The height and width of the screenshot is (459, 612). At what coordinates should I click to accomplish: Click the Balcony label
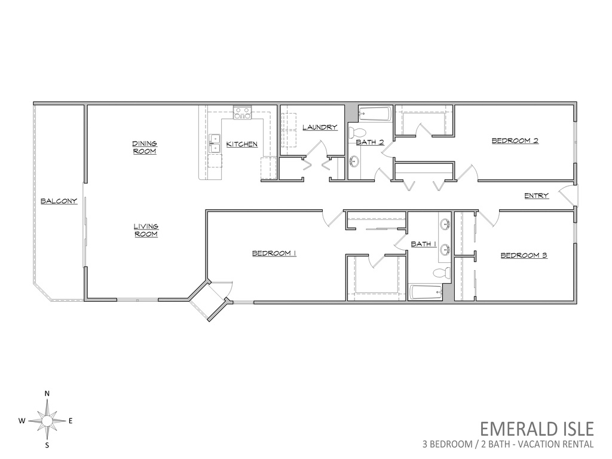pyautogui.click(x=59, y=201)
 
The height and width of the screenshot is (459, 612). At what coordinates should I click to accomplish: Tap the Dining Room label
pyautogui.click(x=145, y=148)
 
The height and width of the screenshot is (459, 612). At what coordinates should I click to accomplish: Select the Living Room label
pyautogui.click(x=146, y=230)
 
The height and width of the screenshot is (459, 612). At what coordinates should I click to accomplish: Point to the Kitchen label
pyautogui.click(x=242, y=145)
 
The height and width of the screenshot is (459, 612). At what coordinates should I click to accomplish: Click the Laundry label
pyautogui.click(x=320, y=127)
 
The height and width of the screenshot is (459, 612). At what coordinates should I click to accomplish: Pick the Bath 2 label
pyautogui.click(x=370, y=142)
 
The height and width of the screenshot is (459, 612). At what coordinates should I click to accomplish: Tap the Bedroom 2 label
pyautogui.click(x=515, y=140)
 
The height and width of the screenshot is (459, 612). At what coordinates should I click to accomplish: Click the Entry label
pyautogui.click(x=536, y=195)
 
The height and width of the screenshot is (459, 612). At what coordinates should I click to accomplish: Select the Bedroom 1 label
pyautogui.click(x=274, y=253)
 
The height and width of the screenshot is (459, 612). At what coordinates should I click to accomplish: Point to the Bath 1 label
pyautogui.click(x=424, y=244)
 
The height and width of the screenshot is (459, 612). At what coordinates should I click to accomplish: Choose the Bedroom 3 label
pyautogui.click(x=524, y=256)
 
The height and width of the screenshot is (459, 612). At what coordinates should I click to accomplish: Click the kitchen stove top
pyautogui.click(x=243, y=112)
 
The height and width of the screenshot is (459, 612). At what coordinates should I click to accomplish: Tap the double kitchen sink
pyautogui.click(x=215, y=143)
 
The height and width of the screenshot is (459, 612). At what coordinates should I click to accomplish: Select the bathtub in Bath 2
pyautogui.click(x=375, y=114)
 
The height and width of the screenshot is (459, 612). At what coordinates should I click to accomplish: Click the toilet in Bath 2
pyautogui.click(x=357, y=132)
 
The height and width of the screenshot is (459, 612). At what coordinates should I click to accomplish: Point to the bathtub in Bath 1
pyautogui.click(x=426, y=292)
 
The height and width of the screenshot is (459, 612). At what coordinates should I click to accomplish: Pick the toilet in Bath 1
pyautogui.click(x=442, y=273)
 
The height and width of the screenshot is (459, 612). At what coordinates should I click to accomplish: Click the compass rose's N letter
pyautogui.click(x=47, y=393)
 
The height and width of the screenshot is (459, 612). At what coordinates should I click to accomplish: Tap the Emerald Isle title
pyautogui.click(x=537, y=429)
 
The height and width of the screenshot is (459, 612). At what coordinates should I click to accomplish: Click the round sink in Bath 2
pyautogui.click(x=354, y=160)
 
